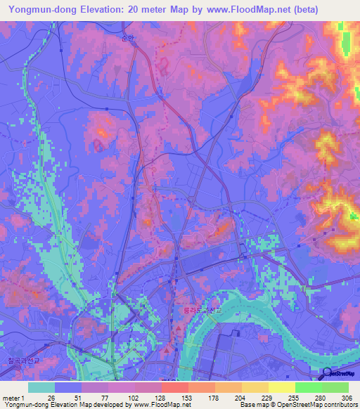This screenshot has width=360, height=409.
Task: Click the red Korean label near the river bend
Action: [198, 309]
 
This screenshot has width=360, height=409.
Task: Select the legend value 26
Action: [51, 397]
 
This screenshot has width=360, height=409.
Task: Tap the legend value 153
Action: [186, 397]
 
